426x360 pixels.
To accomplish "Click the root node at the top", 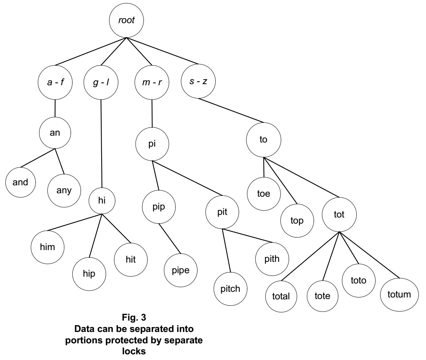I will point(127,21).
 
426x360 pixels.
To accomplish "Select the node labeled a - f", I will point(55,82).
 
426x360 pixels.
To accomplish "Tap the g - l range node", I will point(101,82).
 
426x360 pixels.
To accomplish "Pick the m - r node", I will point(152,82).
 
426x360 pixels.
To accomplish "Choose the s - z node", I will point(197,81).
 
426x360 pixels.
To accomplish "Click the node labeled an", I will point(56,133).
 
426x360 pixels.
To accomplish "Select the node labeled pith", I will point(273,259).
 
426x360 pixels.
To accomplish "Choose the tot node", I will point(339,214).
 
